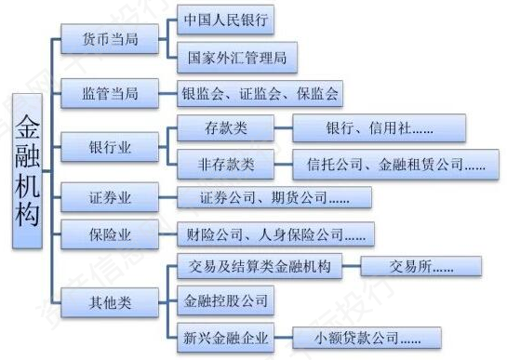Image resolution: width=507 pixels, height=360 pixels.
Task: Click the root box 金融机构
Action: (27, 171)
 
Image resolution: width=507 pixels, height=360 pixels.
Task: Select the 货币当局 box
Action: (110, 39)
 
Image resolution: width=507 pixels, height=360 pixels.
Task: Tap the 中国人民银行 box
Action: (226, 20)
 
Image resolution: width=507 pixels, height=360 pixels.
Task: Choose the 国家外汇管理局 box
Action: (237, 58)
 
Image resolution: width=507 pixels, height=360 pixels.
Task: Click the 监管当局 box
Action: (110, 93)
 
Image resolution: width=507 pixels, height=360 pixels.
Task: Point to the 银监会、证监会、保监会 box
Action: (260, 93)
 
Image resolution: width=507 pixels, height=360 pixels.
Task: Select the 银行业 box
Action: (110, 147)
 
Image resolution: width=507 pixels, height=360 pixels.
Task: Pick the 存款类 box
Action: (226, 128)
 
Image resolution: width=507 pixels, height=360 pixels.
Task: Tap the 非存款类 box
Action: (226, 165)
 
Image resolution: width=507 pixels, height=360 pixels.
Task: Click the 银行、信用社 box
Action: (380, 128)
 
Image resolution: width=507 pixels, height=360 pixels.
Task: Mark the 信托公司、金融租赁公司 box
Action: (395, 165)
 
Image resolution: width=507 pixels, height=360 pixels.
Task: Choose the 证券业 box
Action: (110, 197)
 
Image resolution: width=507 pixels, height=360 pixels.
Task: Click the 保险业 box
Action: (110, 234)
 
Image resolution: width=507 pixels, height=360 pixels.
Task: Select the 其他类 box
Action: (110, 302)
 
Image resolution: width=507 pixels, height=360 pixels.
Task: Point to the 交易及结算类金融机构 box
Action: (260, 266)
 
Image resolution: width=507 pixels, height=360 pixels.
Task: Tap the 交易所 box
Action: (421, 266)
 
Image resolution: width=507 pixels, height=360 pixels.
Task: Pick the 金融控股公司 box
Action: (226, 300)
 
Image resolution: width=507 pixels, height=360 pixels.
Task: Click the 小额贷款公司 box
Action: (367, 338)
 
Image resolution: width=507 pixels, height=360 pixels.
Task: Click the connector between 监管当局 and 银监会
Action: (167, 93)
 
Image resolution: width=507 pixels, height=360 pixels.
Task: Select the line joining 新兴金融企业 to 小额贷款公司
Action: (283, 338)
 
